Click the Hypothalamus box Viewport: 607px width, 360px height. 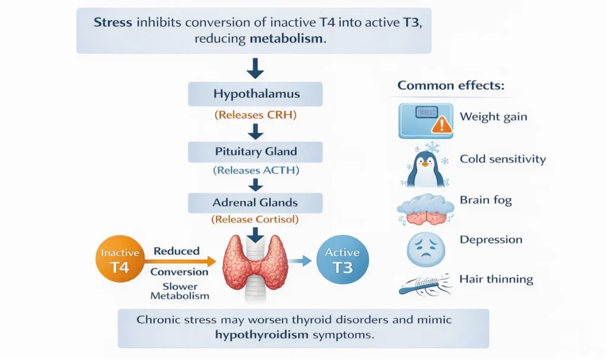pyautogui.click(x=255, y=94)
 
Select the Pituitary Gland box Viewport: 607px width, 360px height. pyautogui.click(x=255, y=152)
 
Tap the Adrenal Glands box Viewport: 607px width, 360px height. pyautogui.click(x=255, y=202)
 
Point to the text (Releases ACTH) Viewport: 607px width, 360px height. pyautogui.click(x=255, y=171)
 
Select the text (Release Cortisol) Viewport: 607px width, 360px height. pyautogui.click(x=255, y=219)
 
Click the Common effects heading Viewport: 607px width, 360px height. pyautogui.click(x=451, y=85)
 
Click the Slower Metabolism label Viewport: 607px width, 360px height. pyautogui.click(x=179, y=291)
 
